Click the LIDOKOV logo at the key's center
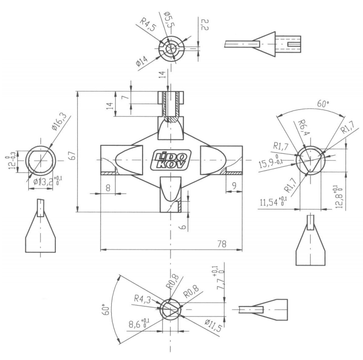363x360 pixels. (171, 160)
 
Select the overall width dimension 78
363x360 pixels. (221, 244)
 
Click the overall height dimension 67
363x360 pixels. (72, 155)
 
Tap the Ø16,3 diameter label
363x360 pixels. (59, 122)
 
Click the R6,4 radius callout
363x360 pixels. (302, 128)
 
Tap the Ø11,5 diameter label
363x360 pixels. (213, 325)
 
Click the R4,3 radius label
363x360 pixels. (143, 299)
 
